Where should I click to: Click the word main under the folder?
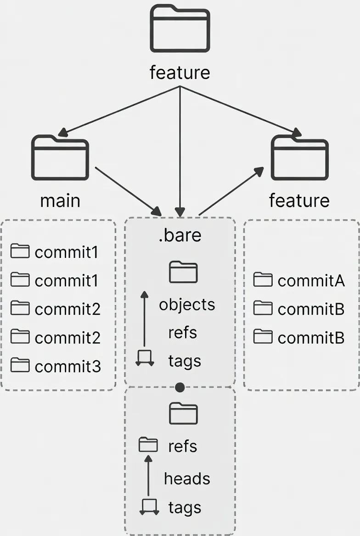coord(60,201)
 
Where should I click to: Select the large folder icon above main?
coord(60,157)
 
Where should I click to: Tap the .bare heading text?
coord(180,235)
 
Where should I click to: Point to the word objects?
coord(187,305)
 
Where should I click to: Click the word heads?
coord(187,479)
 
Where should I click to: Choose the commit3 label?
coord(68,366)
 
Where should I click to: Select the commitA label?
coord(311,280)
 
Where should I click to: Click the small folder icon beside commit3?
coord(20,365)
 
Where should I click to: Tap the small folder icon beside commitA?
coord(263,279)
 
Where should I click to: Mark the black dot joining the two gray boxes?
coord(180,388)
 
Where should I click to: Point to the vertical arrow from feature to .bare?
coord(180,151)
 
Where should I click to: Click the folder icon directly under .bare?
coord(183,272)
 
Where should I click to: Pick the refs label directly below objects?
coord(183,333)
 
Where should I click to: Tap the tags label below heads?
coord(185,508)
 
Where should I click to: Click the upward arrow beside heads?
coord(148,477)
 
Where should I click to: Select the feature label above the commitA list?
coord(299,201)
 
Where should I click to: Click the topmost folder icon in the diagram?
coord(180,28)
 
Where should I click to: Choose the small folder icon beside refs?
coord(148,445)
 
